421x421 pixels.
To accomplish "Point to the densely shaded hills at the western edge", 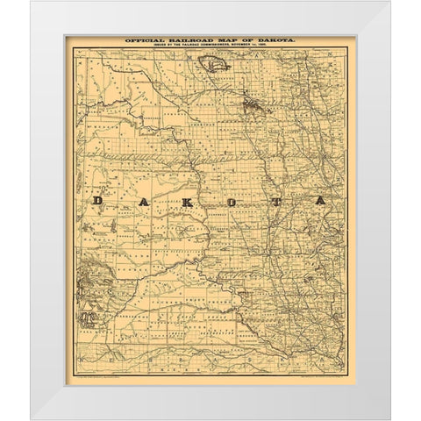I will point(89,281).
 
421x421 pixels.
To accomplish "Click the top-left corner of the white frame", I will point(32,4).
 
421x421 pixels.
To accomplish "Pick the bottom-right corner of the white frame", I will point(388,417).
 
